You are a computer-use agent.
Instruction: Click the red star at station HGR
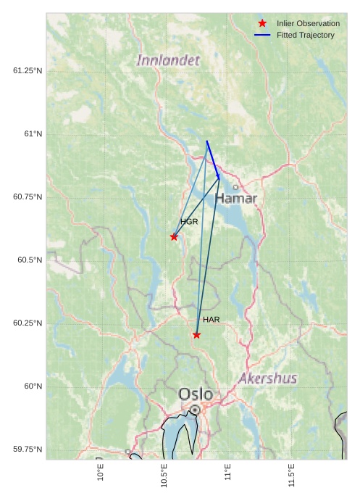coord(174,236)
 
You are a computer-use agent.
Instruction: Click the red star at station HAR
coord(196,334)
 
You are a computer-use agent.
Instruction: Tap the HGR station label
coord(189,222)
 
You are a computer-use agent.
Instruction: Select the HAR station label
coord(211,320)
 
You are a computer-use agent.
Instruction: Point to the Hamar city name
coord(236,198)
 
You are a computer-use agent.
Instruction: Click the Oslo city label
coord(196,394)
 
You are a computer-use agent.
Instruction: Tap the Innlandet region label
coord(168,60)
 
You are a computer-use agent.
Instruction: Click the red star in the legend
coord(262,23)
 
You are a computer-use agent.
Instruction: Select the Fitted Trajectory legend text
coord(306,35)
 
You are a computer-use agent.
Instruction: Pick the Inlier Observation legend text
coord(308,23)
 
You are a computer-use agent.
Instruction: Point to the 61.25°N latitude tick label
coord(28,70)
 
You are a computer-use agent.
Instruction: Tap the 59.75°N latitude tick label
coord(28,449)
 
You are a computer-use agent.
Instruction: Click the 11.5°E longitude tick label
coord(291,475)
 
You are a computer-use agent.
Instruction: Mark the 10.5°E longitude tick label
coord(164,475)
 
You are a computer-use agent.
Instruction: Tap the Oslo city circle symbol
coord(195,410)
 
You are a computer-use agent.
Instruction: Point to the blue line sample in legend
coord(262,35)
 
